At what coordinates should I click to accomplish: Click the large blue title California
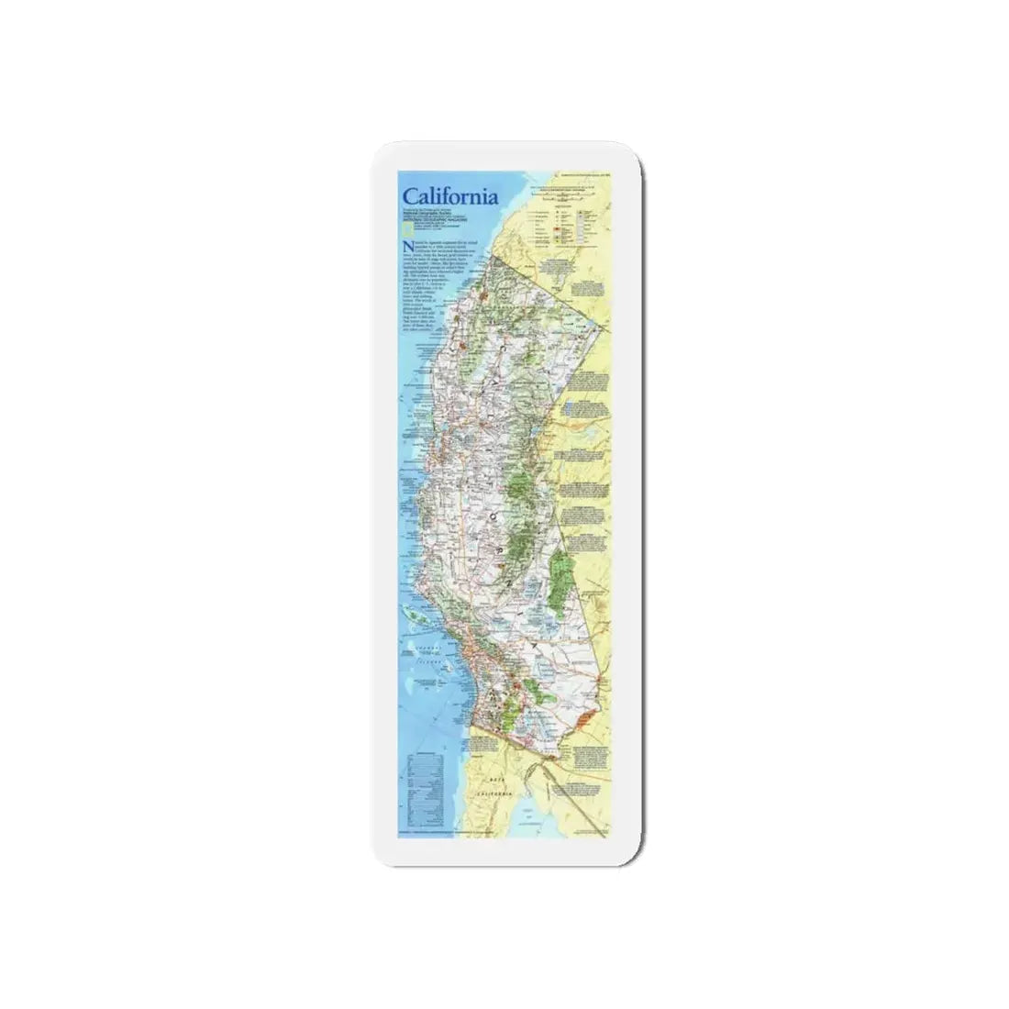449,196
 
